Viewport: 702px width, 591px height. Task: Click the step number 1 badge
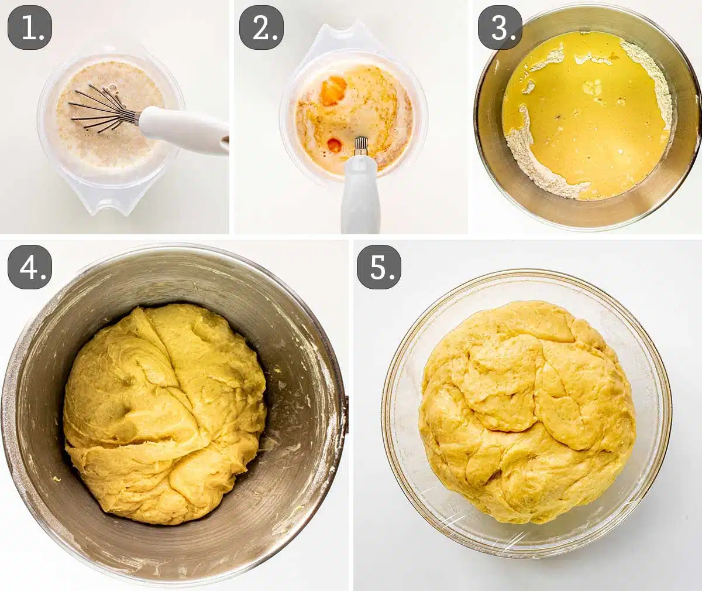point(30,27)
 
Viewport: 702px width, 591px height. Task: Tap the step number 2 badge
point(261,27)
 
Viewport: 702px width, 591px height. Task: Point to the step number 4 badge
point(30,267)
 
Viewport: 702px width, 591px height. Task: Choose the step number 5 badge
point(379,267)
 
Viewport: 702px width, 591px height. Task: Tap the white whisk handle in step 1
point(184,130)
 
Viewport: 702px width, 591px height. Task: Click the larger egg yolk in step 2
point(332,91)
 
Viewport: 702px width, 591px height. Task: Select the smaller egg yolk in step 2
point(335,145)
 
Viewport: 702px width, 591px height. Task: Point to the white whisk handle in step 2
point(360,193)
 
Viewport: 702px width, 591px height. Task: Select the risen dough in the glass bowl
point(526,410)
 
